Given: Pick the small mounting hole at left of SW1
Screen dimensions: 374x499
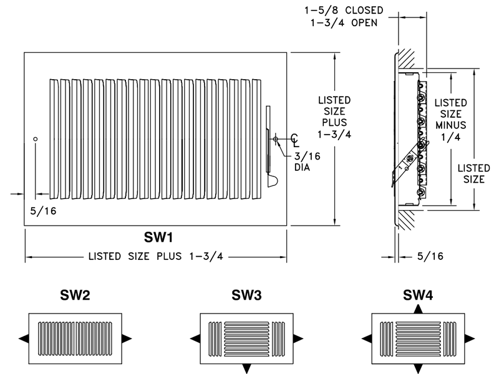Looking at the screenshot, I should (36, 138).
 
